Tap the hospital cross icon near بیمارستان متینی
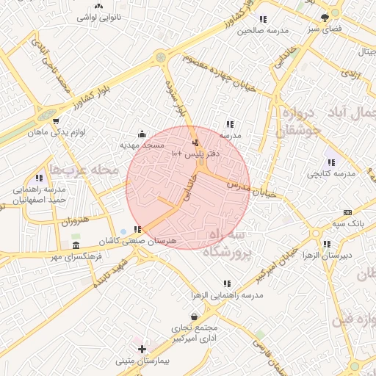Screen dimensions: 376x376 [142, 350]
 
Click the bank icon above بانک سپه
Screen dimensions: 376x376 [347, 211]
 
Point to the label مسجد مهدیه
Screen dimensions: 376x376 [142, 145]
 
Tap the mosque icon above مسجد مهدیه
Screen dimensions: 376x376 [142, 134]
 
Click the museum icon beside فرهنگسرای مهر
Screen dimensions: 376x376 [76, 245]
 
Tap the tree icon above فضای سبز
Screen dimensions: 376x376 [325, 18]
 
